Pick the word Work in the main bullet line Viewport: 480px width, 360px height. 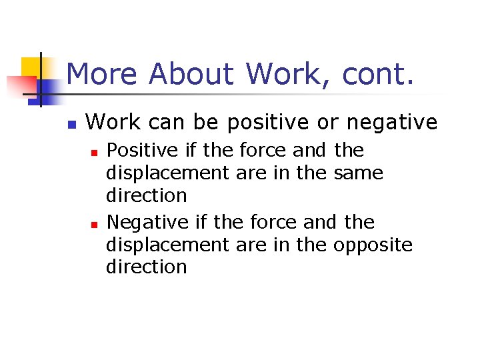tap(113, 122)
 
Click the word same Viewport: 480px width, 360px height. tap(358, 173)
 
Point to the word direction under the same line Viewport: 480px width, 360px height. tap(147, 195)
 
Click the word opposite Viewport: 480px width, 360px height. tap(373, 245)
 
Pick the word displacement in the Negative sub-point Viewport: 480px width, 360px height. tap(167, 245)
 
